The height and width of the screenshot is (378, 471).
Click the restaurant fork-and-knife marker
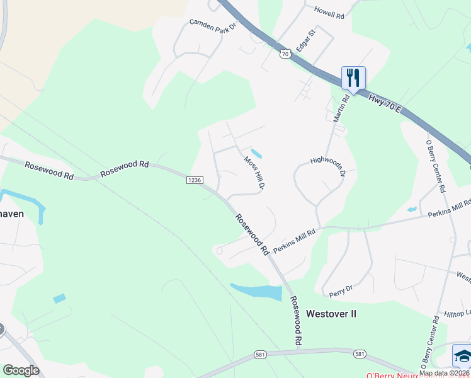[353, 78]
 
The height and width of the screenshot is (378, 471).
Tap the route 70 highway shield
[286, 54]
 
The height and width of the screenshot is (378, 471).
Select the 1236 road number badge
[194, 180]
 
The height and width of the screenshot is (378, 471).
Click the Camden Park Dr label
[212, 25]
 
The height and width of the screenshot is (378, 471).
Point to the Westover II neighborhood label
[331, 313]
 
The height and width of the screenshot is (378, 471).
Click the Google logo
[21, 370]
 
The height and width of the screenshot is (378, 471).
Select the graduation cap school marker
[462, 356]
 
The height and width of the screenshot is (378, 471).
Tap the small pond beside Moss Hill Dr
[256, 153]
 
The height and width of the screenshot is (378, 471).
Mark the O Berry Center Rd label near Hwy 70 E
[436, 166]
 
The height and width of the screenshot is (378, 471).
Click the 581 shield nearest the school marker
[360, 354]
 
